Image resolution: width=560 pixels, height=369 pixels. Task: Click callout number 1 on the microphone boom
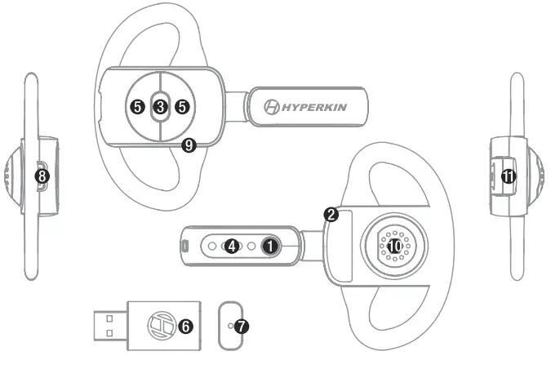(272, 244)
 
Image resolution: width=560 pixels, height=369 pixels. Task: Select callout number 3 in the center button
(160, 106)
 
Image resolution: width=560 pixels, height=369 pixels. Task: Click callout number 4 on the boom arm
(233, 245)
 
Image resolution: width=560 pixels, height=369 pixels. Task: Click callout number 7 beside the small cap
(242, 325)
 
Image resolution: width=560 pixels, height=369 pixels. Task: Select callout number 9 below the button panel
(189, 146)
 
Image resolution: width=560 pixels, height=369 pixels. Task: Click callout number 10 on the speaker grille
(394, 244)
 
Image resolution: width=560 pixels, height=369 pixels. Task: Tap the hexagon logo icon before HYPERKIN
(273, 107)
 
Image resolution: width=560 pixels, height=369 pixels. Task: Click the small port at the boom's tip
(185, 245)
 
